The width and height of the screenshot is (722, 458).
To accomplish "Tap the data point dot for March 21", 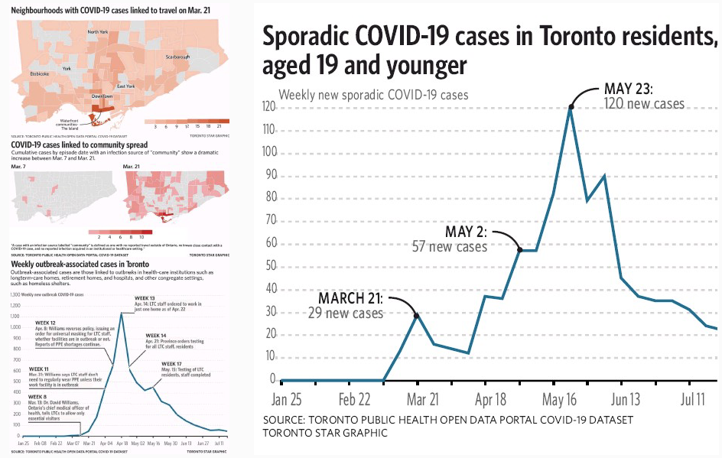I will [x=416, y=315].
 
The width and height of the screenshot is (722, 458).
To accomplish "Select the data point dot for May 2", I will [x=520, y=250].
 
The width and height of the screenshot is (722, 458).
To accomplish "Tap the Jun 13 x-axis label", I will [x=625, y=399].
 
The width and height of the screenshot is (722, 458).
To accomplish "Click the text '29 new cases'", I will [x=346, y=312].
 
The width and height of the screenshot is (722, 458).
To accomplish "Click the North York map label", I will [x=98, y=32].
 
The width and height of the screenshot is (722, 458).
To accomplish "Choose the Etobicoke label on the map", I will [x=40, y=73].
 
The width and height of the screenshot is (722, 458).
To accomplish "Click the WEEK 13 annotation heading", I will [x=145, y=297].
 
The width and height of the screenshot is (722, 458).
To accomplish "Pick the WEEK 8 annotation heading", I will [x=37, y=396].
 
